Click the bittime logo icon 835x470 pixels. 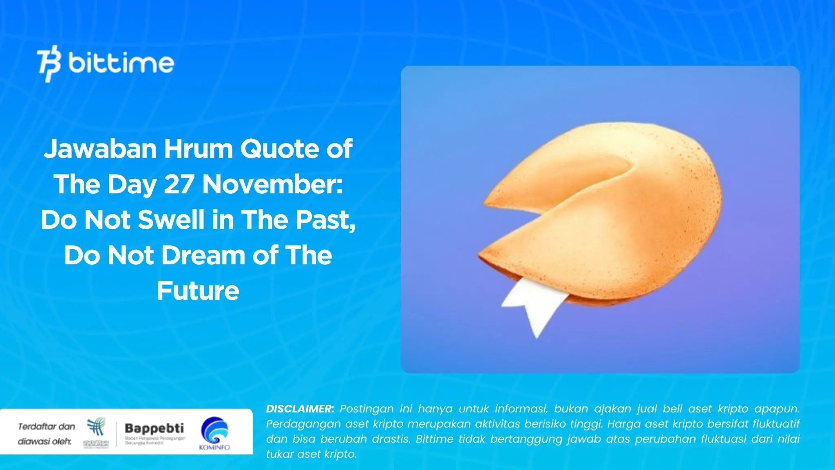coord(49,64)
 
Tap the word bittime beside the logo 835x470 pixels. coord(121,63)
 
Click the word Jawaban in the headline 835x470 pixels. coord(100,149)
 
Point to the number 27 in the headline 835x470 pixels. coord(178,184)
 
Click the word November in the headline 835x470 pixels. coord(272,184)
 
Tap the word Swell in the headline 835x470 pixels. coord(171,220)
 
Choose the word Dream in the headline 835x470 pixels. coord(203,255)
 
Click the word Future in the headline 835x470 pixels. coord(198,291)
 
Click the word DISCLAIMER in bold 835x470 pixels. coord(300,409)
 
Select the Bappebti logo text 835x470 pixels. coord(154,428)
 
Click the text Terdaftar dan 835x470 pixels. coord(46,427)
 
